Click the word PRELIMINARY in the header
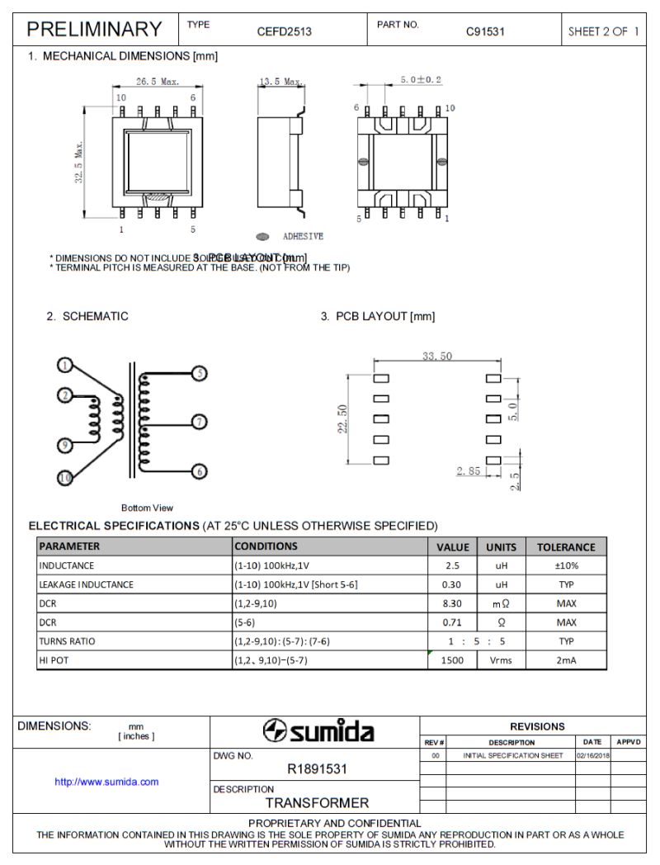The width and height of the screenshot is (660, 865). pyautogui.click(x=94, y=30)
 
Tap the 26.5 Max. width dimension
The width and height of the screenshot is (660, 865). pyautogui.click(x=158, y=82)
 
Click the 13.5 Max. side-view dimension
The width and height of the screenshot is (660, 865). pyautogui.click(x=281, y=82)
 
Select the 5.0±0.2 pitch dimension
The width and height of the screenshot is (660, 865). pyautogui.click(x=420, y=79)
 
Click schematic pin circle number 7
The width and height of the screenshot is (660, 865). pyautogui.click(x=198, y=422)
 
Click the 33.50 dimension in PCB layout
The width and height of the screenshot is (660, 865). pyautogui.click(x=436, y=357)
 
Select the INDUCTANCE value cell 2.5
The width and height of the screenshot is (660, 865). pyautogui.click(x=452, y=565)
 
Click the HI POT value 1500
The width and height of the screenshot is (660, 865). pyautogui.click(x=452, y=660)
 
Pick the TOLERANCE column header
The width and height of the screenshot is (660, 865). pyautogui.click(x=565, y=546)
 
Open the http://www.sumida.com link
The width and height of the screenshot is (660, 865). pyautogui.click(x=106, y=782)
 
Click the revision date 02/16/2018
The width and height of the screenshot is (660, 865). pyautogui.click(x=592, y=755)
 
